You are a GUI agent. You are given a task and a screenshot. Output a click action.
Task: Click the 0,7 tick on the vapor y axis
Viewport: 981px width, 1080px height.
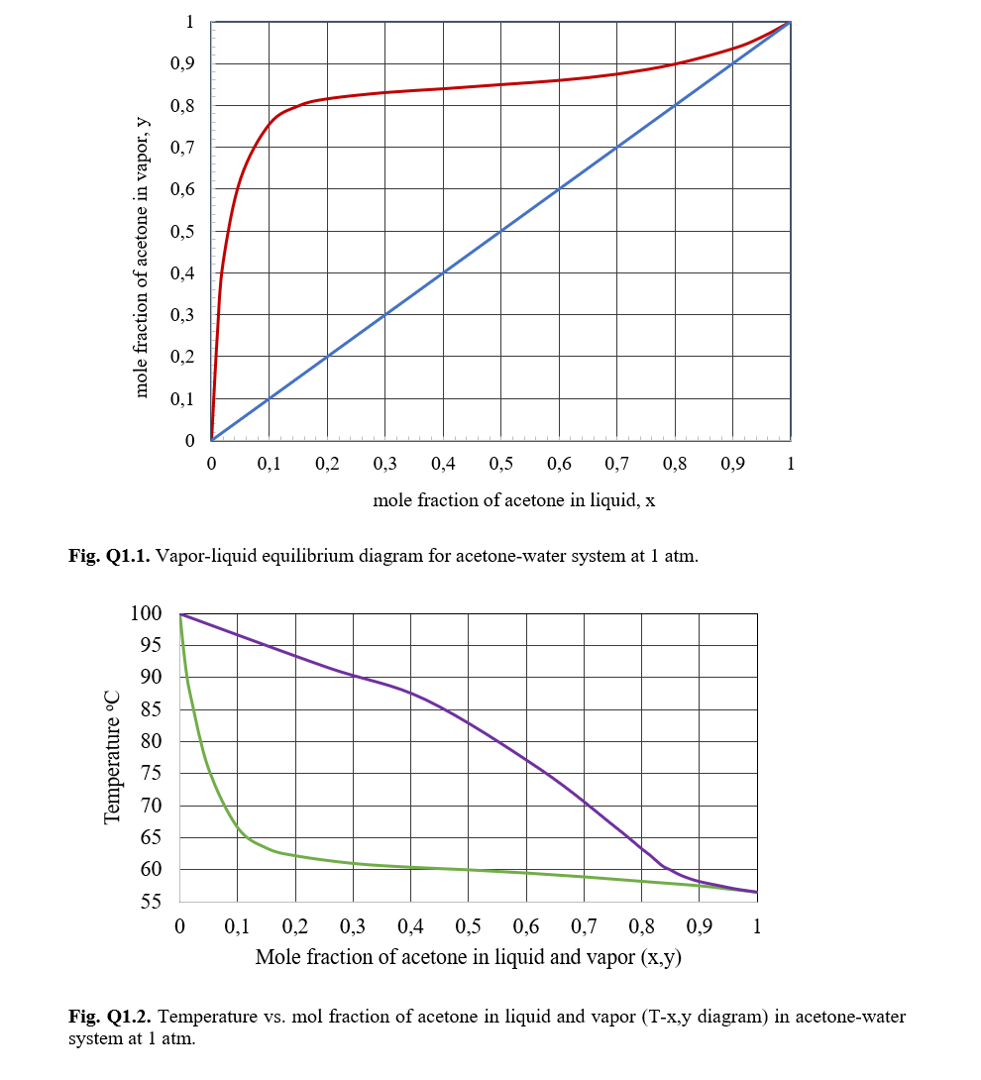[182, 148]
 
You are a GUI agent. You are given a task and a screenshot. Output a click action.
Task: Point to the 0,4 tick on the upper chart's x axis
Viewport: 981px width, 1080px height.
[443, 464]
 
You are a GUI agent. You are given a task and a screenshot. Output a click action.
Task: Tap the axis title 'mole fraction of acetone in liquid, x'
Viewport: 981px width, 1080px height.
[513, 500]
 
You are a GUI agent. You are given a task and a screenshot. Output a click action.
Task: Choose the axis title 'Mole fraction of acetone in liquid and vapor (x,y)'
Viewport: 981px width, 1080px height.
[469, 957]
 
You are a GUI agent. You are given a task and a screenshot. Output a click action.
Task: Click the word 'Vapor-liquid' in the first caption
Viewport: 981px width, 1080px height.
[202, 557]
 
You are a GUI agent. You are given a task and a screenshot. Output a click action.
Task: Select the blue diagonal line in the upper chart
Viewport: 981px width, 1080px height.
[500, 232]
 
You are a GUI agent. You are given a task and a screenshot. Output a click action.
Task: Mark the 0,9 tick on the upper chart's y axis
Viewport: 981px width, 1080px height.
[182, 64]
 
